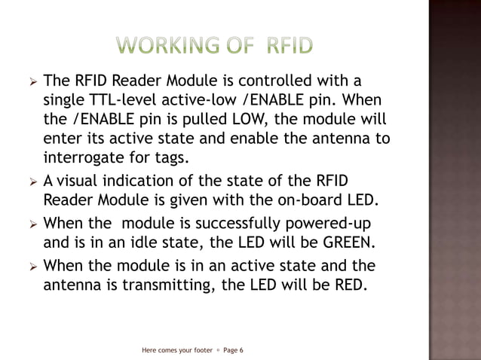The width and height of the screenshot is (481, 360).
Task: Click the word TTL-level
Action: [x=123, y=100]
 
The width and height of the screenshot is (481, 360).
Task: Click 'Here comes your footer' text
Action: [x=177, y=350]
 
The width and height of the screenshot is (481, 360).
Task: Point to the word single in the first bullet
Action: [x=65, y=100]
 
